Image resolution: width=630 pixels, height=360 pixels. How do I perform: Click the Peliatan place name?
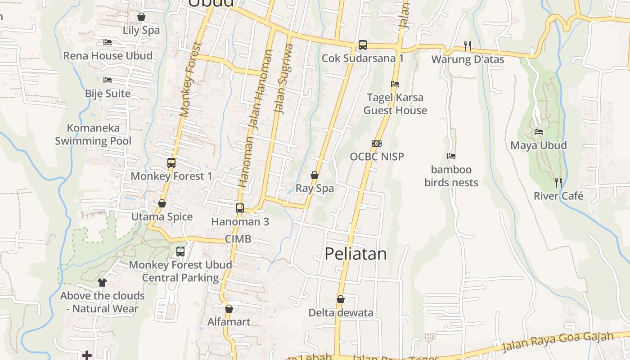(355, 254)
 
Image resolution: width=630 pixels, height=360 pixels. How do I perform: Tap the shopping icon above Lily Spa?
(141, 17)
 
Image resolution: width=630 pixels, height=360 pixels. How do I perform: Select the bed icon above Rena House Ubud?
(108, 42)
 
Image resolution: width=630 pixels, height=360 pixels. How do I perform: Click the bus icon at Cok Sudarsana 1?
(363, 45)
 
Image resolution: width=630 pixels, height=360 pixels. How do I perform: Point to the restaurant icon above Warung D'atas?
(468, 45)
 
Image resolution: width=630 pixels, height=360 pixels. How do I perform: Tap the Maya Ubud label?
(538, 145)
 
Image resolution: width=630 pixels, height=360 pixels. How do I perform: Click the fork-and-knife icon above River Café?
(558, 182)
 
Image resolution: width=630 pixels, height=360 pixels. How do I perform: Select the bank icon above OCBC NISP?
(377, 144)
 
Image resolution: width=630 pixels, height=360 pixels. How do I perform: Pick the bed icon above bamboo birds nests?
(451, 156)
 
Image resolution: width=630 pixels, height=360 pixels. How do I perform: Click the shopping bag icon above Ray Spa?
(315, 175)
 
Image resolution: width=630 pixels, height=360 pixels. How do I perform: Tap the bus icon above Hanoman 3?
(240, 208)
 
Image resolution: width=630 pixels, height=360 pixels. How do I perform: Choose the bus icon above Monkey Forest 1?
(171, 163)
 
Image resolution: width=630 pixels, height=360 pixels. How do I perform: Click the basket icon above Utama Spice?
(162, 204)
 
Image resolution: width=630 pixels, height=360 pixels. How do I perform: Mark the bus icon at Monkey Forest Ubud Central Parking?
(180, 252)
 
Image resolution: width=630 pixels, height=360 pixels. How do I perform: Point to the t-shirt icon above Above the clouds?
(102, 283)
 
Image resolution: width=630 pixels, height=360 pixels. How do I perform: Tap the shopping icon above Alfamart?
(229, 309)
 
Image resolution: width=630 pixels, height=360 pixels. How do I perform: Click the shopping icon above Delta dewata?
(341, 299)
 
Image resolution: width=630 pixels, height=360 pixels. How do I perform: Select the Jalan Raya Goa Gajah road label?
(558, 342)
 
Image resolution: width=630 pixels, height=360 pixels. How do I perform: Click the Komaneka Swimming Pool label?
(93, 135)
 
